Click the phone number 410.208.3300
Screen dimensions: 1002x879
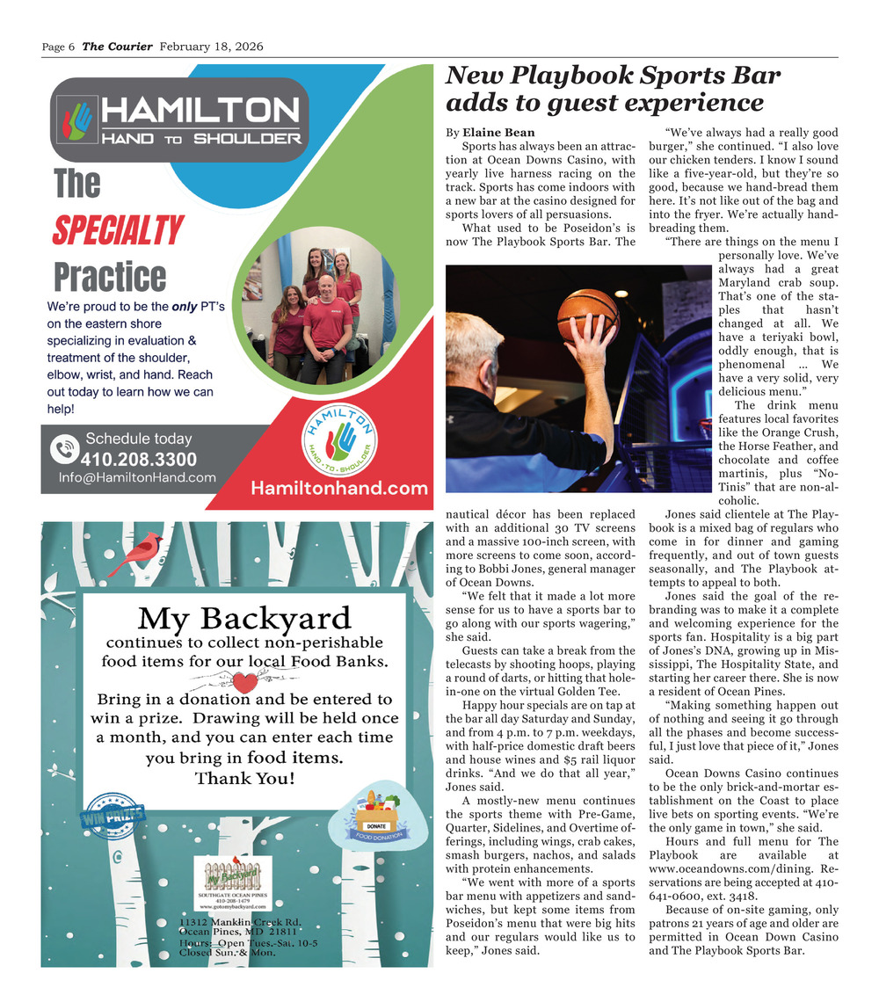pyautogui.click(x=139, y=459)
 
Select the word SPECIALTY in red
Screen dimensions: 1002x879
pyautogui.click(x=117, y=230)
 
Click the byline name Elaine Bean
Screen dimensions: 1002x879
pyautogui.click(x=498, y=133)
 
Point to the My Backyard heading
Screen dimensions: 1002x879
pyautogui.click(x=244, y=619)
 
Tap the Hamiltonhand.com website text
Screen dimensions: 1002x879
pyautogui.click(x=339, y=489)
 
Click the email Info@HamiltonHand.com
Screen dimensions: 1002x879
pyautogui.click(x=137, y=477)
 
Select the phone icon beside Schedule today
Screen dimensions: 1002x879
pyautogui.click(x=64, y=449)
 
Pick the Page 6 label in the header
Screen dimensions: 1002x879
pyautogui.click(x=59, y=47)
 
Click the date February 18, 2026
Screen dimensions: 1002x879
pyautogui.click(x=211, y=47)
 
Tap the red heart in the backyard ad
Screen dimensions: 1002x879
pyautogui.click(x=249, y=682)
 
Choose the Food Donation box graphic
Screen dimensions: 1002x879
pyautogui.click(x=376, y=818)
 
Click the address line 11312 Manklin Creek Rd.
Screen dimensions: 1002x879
pyautogui.click(x=241, y=921)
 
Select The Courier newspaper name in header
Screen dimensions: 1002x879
pyautogui.click(x=117, y=47)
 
